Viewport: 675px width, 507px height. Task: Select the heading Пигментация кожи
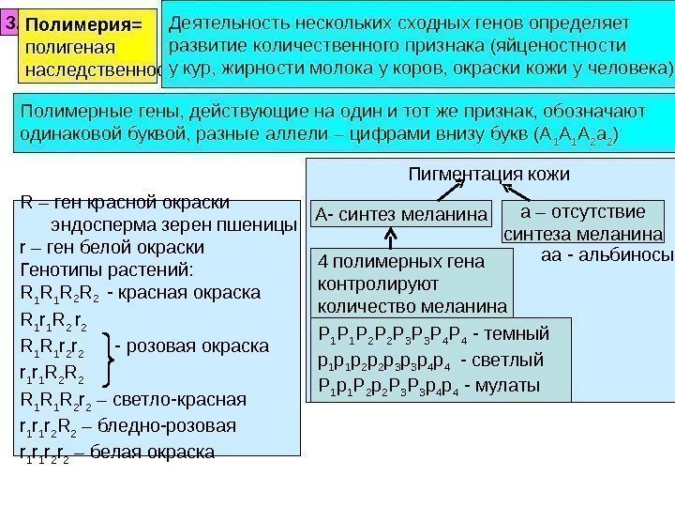click(x=489, y=175)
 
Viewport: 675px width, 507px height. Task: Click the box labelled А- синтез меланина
click(x=400, y=215)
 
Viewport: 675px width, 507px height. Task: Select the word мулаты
click(x=512, y=386)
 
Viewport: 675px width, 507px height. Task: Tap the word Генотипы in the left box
click(x=57, y=269)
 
